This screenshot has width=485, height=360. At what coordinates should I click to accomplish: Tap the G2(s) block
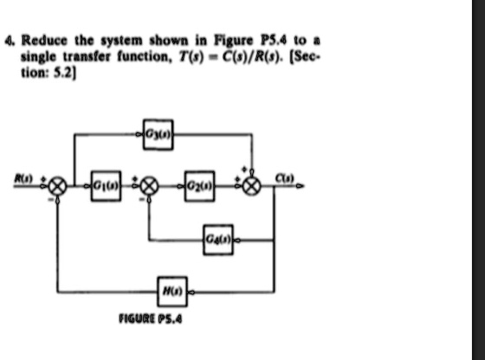(x=196, y=185)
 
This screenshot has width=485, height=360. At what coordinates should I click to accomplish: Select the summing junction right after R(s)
(x=58, y=186)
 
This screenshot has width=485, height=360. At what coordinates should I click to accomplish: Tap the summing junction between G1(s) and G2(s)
(x=149, y=186)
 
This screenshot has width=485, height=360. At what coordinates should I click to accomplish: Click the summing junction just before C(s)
(x=252, y=186)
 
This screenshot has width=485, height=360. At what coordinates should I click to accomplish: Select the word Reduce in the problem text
(x=39, y=40)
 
